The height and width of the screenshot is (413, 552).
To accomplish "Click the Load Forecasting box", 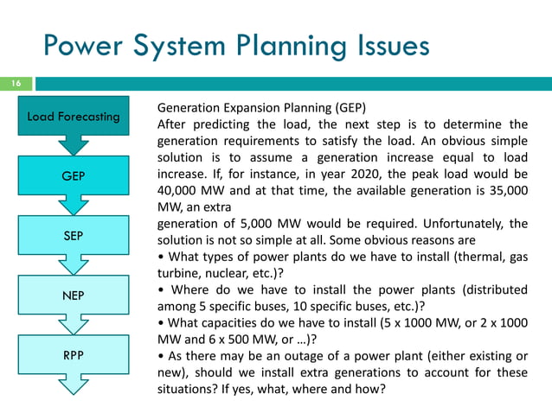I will (73, 117).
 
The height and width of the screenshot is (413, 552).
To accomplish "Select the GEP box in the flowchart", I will (73, 175).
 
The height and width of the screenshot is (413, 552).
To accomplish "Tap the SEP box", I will (73, 235).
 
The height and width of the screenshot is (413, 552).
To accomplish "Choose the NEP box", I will (73, 295).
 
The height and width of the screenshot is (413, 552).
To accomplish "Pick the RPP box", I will (73, 353).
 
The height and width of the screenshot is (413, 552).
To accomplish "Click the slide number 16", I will (15, 84).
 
